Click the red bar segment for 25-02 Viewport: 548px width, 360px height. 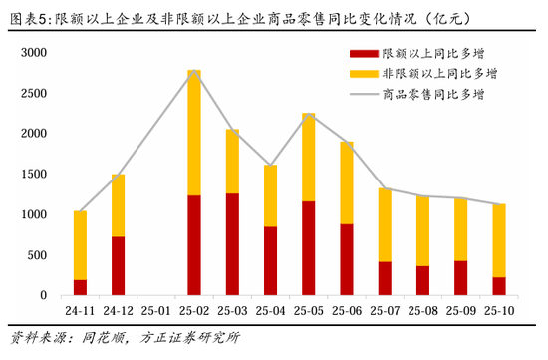(x=194, y=245)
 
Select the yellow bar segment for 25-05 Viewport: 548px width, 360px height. (x=309, y=158)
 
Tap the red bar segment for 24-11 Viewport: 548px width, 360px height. (x=80, y=287)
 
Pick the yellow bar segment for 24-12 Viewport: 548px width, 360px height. (x=118, y=205)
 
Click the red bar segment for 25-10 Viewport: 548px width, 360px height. (x=498, y=286)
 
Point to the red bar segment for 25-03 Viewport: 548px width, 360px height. (x=232, y=244)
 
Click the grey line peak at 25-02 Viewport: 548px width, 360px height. (x=194, y=71)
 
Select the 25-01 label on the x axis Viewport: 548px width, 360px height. (x=156, y=310)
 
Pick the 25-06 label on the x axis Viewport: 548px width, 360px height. (x=347, y=310)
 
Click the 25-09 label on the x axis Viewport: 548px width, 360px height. (x=460, y=310)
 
